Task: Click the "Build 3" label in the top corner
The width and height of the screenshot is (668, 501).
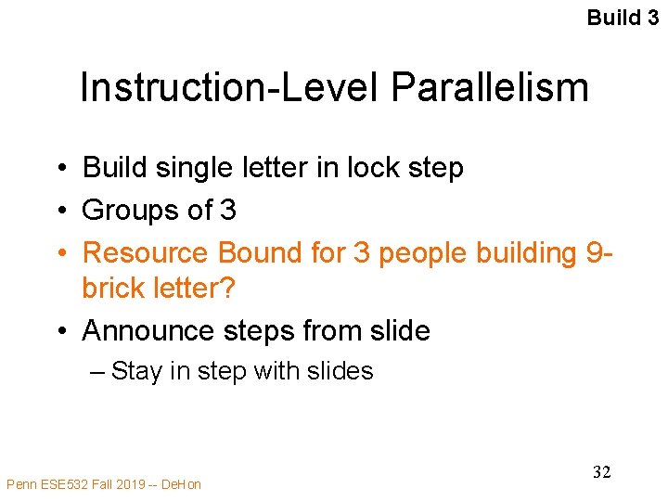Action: [625, 18]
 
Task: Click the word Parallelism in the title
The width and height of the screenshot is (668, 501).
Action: [490, 88]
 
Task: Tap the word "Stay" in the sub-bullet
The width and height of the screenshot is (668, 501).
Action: [137, 372]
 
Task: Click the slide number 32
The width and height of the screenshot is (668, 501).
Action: [601, 472]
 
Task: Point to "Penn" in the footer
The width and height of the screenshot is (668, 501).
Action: [21, 483]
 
